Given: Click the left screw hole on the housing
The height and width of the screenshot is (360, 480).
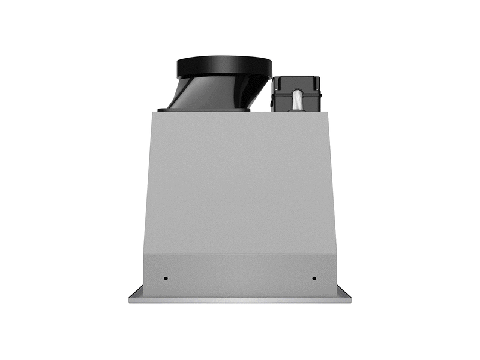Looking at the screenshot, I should [166, 278].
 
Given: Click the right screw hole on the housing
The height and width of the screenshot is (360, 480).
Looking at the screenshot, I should [313, 278].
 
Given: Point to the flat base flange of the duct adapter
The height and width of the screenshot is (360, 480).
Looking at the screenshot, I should [204, 110].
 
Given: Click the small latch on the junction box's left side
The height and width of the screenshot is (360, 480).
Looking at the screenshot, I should [272, 103].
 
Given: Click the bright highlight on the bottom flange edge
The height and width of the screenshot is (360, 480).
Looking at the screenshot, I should [240, 299].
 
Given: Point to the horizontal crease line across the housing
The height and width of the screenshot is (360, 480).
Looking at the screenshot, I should [240, 253].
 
